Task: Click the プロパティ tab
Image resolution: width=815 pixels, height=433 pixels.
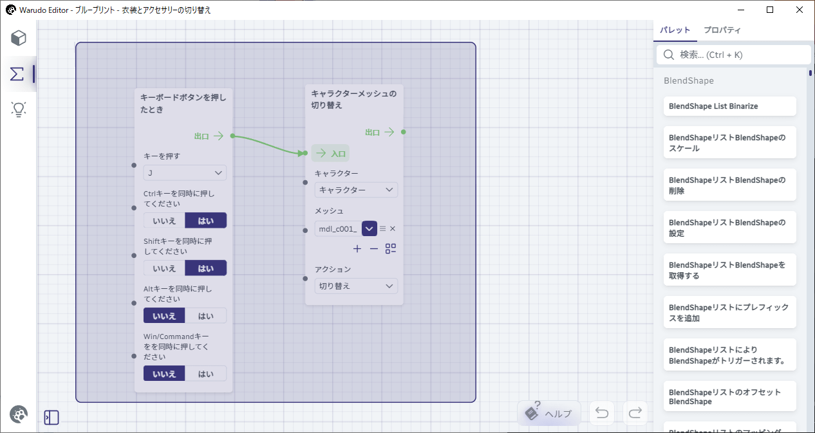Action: coord(722,30)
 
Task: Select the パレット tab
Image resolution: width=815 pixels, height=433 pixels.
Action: coord(675,30)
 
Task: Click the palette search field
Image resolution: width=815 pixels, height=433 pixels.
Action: coord(733,55)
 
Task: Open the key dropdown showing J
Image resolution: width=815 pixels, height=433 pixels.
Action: coord(185,173)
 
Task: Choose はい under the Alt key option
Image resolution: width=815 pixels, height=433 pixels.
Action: coord(205,315)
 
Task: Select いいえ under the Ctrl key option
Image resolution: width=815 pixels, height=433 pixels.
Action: coord(164,221)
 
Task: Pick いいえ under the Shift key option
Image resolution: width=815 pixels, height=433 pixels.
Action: coord(164,268)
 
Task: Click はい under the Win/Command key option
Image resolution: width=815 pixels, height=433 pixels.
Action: coord(205,374)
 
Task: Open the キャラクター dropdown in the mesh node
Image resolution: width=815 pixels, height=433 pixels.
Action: coord(356,190)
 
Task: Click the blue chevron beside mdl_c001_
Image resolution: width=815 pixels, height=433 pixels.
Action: coord(370,228)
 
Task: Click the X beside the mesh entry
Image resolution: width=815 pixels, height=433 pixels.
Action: coord(393,228)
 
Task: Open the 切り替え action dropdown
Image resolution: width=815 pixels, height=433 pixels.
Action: coord(356,286)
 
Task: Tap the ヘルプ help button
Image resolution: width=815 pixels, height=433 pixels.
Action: coord(549,413)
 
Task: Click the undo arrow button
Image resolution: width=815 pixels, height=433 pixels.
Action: coord(602,413)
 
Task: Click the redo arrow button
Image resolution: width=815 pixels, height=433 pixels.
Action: coord(635,413)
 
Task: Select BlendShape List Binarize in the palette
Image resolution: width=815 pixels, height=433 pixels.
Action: coord(730,106)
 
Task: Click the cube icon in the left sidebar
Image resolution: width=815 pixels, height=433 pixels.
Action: coord(18,38)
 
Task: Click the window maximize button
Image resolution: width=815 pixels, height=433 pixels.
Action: coord(770,10)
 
